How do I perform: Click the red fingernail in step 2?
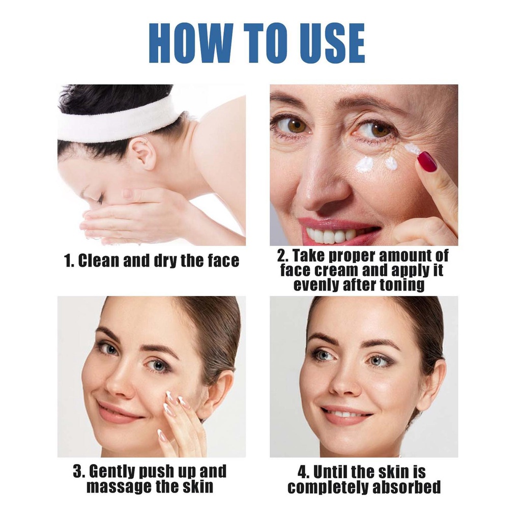427,162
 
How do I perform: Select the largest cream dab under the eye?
365,164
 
